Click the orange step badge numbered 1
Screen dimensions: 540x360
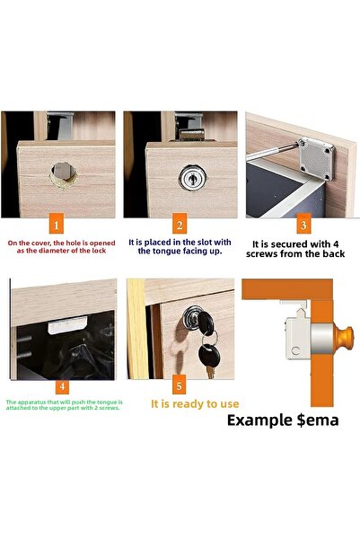57,226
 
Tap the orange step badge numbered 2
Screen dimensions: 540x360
180,226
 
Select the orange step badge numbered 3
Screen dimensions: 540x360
303,226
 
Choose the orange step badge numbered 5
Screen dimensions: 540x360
180,386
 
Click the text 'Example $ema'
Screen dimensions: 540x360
282,420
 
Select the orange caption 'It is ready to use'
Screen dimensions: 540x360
194,404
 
